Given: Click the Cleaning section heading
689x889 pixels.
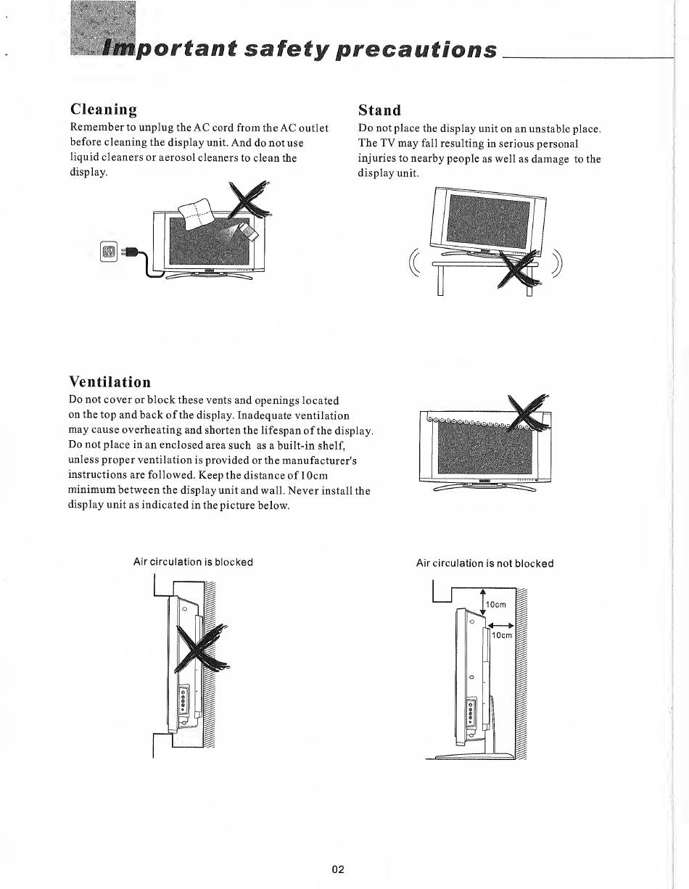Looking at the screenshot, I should click(104, 109).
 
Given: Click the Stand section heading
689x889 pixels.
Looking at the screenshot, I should click(380, 110).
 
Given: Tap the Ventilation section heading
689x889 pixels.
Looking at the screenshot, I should click(110, 382).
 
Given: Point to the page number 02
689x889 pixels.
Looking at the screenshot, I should click(338, 869).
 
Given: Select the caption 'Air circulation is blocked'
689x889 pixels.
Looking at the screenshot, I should click(193, 562).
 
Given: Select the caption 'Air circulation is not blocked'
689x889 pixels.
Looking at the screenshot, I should click(484, 563).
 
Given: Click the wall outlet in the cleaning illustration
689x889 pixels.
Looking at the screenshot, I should click(108, 252).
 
